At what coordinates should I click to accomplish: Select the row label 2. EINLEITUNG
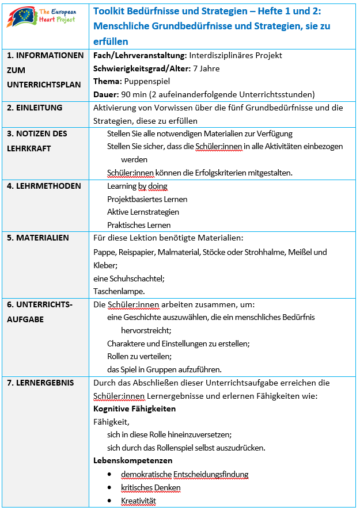pos(35,108)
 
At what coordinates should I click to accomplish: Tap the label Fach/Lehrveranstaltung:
pos(139,56)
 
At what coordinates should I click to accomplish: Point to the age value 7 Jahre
pos(206,69)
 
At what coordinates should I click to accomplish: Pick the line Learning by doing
pos(137,186)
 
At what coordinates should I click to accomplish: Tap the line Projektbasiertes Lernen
pos(147,199)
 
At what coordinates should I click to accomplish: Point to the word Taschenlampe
pos(118,291)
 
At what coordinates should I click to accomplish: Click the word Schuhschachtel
pos(136,279)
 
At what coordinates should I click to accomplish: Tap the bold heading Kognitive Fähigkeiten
pos(134,409)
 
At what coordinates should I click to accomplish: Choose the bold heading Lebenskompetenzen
pos(132,460)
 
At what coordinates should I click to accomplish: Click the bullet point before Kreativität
pos(109,501)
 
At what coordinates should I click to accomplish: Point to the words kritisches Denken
pos(150,487)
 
